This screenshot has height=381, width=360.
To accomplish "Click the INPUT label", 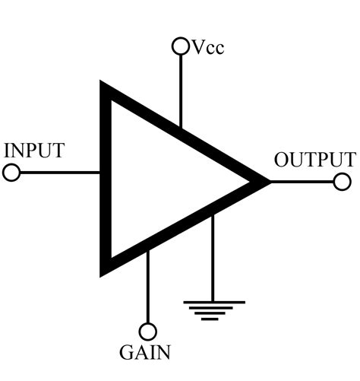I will click(34, 149).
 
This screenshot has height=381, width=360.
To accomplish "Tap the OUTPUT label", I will click(314, 160).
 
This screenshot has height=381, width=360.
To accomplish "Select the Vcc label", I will click(207, 48).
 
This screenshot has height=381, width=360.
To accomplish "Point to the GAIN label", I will click(145, 353).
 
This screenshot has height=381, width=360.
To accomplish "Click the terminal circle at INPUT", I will click(11, 173).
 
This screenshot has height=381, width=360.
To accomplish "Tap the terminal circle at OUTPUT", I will click(343, 182).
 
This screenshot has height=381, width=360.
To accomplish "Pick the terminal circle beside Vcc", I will click(181, 47).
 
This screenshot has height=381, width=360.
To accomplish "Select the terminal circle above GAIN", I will click(148, 332).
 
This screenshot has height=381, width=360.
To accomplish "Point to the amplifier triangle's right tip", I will click(267, 182).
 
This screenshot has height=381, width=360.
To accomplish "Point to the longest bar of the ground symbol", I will click(214, 302).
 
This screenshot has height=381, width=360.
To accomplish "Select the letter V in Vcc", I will click(197, 48).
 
